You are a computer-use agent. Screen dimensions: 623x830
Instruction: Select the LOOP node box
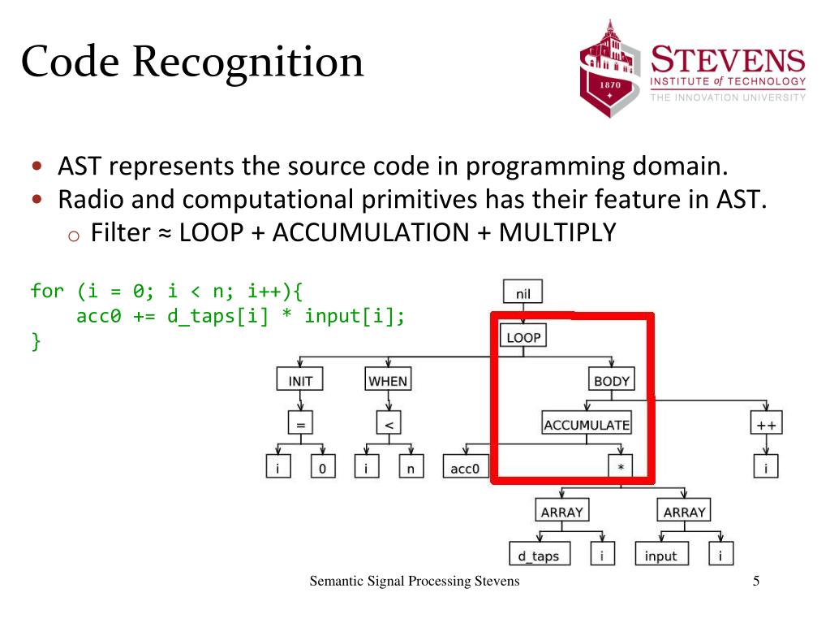(523, 336)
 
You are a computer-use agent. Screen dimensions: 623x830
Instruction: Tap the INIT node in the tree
(300, 379)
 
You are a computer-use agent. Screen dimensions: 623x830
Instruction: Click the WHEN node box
(388, 379)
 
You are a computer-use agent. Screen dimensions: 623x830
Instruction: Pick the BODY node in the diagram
(611, 379)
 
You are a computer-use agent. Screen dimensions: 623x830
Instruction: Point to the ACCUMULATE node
(586, 424)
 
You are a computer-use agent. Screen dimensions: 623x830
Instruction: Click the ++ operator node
(765, 424)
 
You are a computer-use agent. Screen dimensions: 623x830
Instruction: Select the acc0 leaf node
(464, 468)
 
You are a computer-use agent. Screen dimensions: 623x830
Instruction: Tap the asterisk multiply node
(621, 468)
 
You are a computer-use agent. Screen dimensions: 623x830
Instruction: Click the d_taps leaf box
(539, 556)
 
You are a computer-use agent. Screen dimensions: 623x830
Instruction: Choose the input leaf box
(660, 556)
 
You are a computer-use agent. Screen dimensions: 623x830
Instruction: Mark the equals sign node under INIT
(300, 424)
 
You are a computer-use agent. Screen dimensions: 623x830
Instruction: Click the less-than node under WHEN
(388, 424)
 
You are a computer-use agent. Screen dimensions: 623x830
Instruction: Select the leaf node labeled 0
(322, 468)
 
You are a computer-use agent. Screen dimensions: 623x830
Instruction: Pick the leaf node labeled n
(411, 468)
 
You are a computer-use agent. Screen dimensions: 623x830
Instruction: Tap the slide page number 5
(756, 582)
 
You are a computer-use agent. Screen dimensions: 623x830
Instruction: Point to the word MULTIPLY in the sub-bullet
(557, 233)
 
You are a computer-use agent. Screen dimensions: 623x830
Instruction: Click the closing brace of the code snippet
(35, 341)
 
